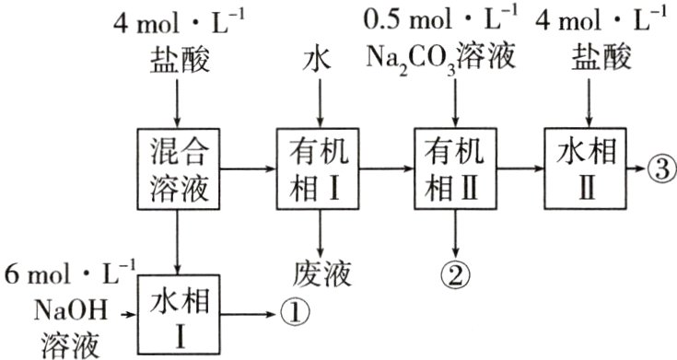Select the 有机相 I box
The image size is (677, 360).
319,169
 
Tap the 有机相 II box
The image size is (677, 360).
457,169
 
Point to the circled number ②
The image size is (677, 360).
457,272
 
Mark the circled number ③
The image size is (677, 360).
660,169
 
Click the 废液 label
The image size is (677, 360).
319,273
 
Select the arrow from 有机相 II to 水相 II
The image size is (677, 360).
519,169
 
